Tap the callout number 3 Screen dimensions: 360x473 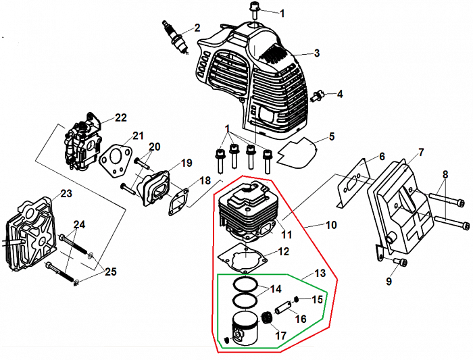(316, 53)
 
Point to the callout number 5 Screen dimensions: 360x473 (332, 137)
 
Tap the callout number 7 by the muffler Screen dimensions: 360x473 (420, 152)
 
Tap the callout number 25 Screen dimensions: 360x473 (109, 272)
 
